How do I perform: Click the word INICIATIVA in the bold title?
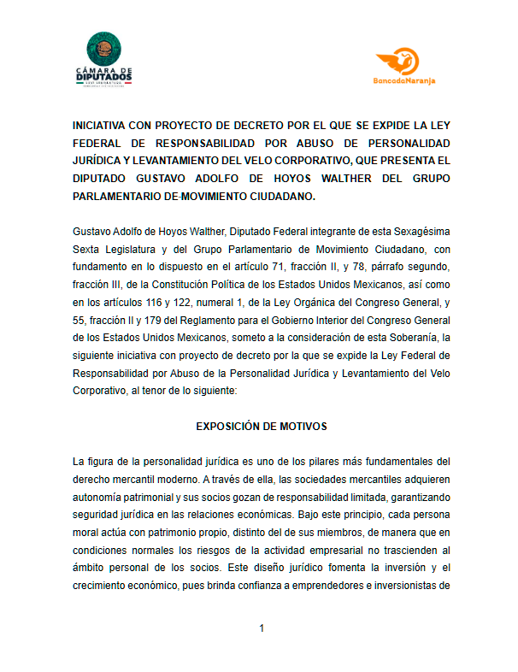[x=103, y=124]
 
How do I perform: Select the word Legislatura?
[x=131, y=250]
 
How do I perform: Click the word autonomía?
[x=101, y=498]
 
